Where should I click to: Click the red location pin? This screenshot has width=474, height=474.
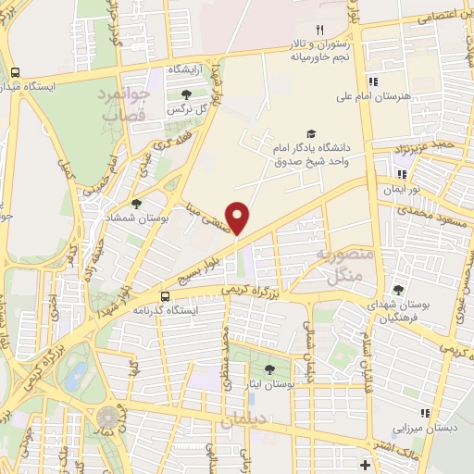coord(238,218)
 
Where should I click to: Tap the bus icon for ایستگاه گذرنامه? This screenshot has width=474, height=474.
coord(165,296)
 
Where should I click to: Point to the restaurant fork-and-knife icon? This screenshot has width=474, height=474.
coord(320,30)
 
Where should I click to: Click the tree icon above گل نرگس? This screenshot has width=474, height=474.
coord(187,94)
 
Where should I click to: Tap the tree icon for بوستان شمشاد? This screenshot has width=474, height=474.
coord(137,204)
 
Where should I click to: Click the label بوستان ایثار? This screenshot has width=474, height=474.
coord(270,381)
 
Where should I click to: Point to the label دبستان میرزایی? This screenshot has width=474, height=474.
coord(424,429)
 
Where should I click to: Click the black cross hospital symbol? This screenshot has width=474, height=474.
coord(367,464)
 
